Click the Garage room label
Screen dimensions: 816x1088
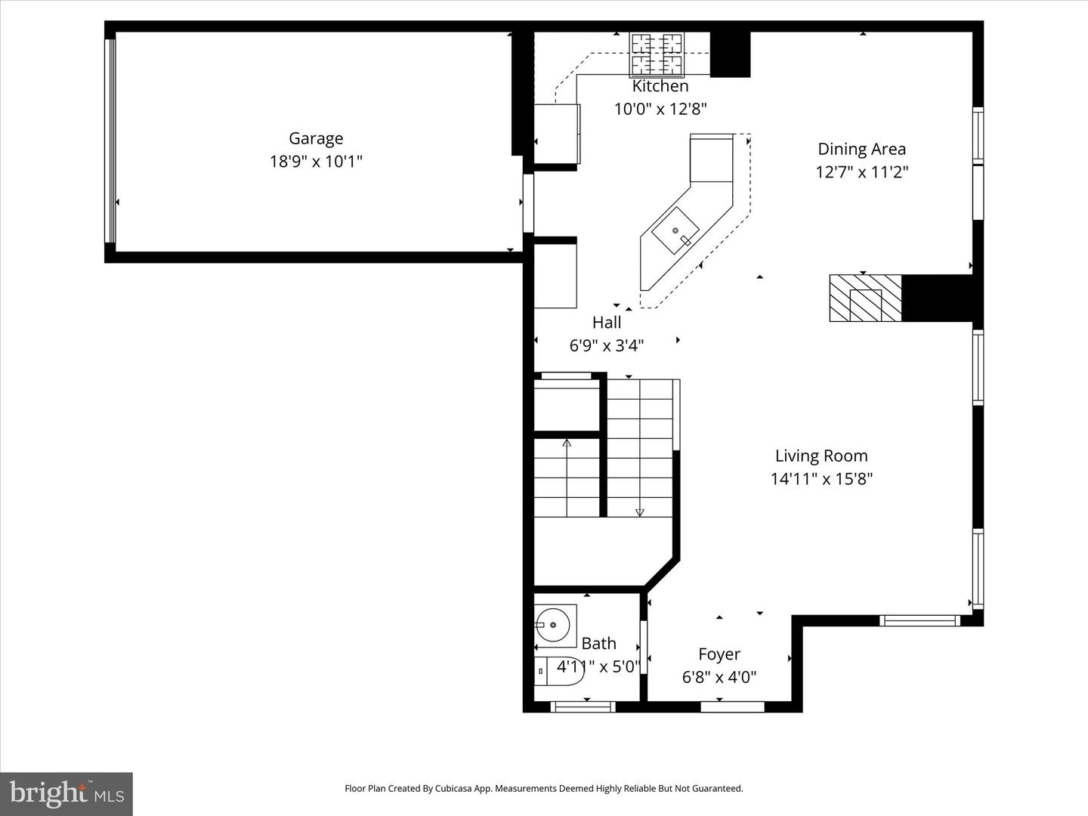pyautogui.click(x=316, y=138)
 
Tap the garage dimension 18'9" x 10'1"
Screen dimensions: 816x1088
pyautogui.click(x=316, y=161)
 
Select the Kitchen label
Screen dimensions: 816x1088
pyautogui.click(x=660, y=86)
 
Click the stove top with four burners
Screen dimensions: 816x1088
pyautogui.click(x=657, y=55)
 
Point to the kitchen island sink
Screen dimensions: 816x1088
pyautogui.click(x=675, y=231)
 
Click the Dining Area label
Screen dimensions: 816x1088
pyautogui.click(x=861, y=149)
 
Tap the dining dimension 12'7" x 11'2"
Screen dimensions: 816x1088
pyautogui.click(x=861, y=172)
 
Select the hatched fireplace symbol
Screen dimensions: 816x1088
pyautogui.click(x=865, y=298)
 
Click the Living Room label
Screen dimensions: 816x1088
pyautogui.click(x=821, y=456)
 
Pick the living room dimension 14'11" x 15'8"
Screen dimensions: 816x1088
pyautogui.click(x=821, y=478)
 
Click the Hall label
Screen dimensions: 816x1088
pyautogui.click(x=607, y=323)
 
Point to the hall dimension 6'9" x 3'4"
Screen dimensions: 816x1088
pyautogui.click(x=607, y=345)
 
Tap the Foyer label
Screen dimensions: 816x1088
pyautogui.click(x=719, y=654)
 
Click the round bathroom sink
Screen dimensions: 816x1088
pyautogui.click(x=554, y=625)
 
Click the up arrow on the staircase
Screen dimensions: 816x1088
pyautogui.click(x=567, y=443)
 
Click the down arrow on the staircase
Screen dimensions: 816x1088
pyautogui.click(x=640, y=512)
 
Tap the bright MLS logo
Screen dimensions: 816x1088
pyautogui.click(x=66, y=793)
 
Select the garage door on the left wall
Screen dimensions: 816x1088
pyautogui.click(x=111, y=140)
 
